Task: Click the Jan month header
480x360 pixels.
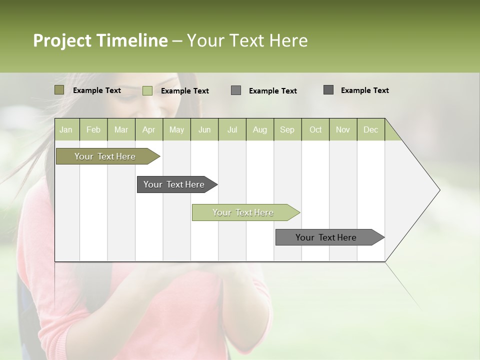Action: (x=66, y=129)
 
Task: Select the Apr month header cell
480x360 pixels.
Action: (x=148, y=129)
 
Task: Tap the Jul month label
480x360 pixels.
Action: (x=232, y=129)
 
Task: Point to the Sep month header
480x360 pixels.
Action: (x=287, y=129)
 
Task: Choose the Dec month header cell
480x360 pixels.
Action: (x=370, y=129)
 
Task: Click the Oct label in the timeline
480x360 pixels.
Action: (x=315, y=129)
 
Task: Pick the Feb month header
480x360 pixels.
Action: (x=93, y=129)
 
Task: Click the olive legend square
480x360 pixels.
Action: (x=59, y=90)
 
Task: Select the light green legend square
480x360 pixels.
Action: (x=147, y=90)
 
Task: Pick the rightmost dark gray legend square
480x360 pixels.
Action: (x=328, y=90)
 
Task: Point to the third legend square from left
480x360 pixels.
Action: (x=236, y=90)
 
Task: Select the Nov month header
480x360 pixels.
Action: (x=343, y=129)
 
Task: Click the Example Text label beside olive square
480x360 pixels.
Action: (x=97, y=90)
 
